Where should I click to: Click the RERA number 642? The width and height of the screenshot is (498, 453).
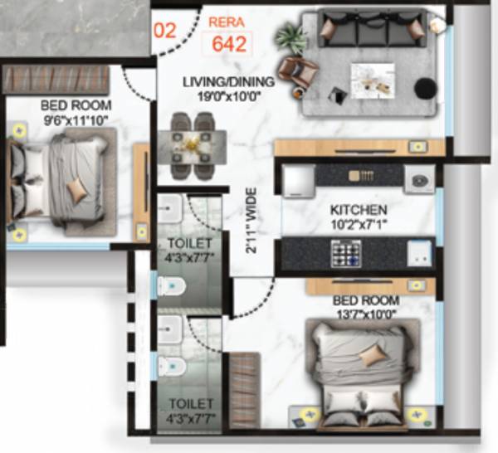(x=228, y=44)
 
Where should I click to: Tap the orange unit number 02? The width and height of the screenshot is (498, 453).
(x=166, y=31)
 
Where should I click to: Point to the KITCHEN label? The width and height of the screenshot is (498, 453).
(x=358, y=210)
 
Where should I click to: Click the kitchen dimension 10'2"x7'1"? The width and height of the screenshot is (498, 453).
(x=358, y=224)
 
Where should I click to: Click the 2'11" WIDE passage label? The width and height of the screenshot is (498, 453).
(x=250, y=220)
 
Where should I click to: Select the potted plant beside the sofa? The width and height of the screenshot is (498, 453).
(x=291, y=37)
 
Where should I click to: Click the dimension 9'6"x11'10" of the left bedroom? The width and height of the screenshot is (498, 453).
(x=75, y=120)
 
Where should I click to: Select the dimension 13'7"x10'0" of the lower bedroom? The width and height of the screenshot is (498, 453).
(x=364, y=313)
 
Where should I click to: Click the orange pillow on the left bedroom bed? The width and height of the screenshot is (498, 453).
(x=77, y=190)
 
